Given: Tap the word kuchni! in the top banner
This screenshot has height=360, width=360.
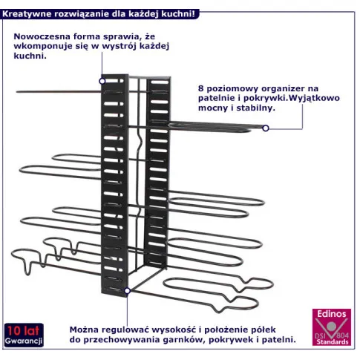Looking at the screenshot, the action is pos(178,14).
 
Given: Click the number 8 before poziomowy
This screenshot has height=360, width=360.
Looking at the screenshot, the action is pos(201,88).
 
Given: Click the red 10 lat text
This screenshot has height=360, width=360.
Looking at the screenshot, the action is pos(23,330).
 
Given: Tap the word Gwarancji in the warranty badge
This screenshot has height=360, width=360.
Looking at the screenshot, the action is pos(24,341).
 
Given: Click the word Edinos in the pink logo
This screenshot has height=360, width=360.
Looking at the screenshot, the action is pos(332,314).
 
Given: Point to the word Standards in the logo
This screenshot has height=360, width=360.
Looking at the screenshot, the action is pos(333,342).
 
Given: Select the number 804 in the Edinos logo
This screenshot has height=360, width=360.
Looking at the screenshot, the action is pos(343,336).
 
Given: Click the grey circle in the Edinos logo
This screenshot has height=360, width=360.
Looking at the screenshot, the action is pos(331,327).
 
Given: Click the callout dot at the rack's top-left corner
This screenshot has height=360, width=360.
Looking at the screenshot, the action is pos(102,81).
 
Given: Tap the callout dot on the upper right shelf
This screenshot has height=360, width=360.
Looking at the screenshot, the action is pos(266,128).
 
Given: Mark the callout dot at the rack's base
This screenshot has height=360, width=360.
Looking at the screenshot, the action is pos(128,291).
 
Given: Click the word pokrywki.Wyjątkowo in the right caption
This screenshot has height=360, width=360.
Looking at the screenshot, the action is pos(292,99).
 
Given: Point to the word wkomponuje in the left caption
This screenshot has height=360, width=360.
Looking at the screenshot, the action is pos(46,47).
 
